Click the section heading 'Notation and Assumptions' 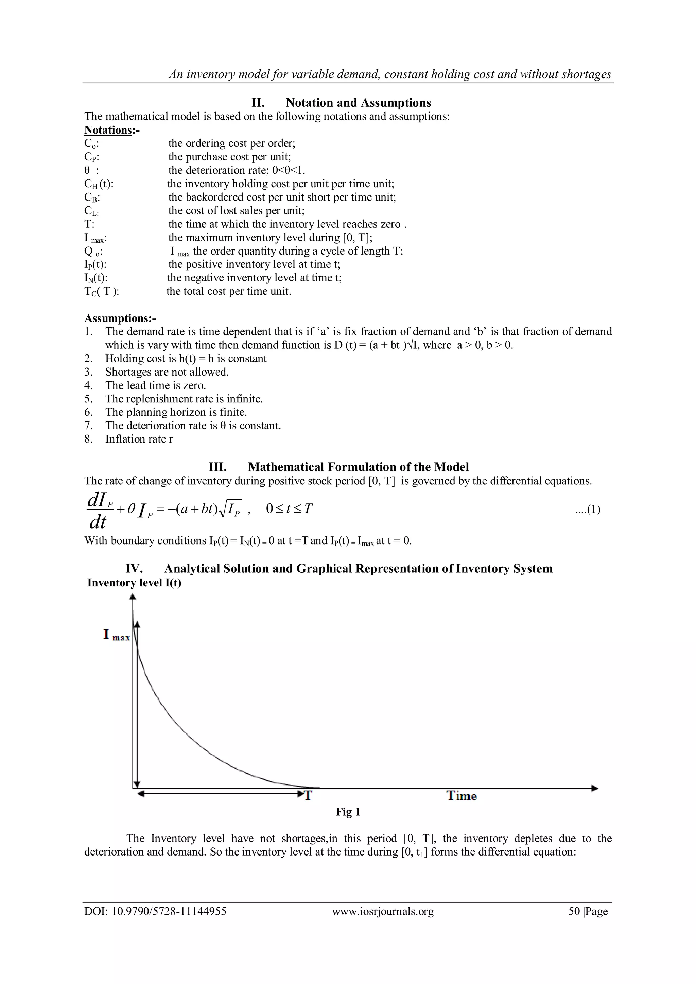358,103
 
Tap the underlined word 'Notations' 108,130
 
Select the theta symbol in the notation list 87,170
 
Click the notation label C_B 92,197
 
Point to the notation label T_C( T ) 101,291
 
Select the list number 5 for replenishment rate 88,399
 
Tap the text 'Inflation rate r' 139,439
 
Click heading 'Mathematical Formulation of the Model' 358,467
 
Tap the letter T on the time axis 307,796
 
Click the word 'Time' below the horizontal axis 462,796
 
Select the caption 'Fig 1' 348,812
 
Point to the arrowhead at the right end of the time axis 594,789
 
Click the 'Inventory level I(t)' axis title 134,583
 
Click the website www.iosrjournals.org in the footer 382,911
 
